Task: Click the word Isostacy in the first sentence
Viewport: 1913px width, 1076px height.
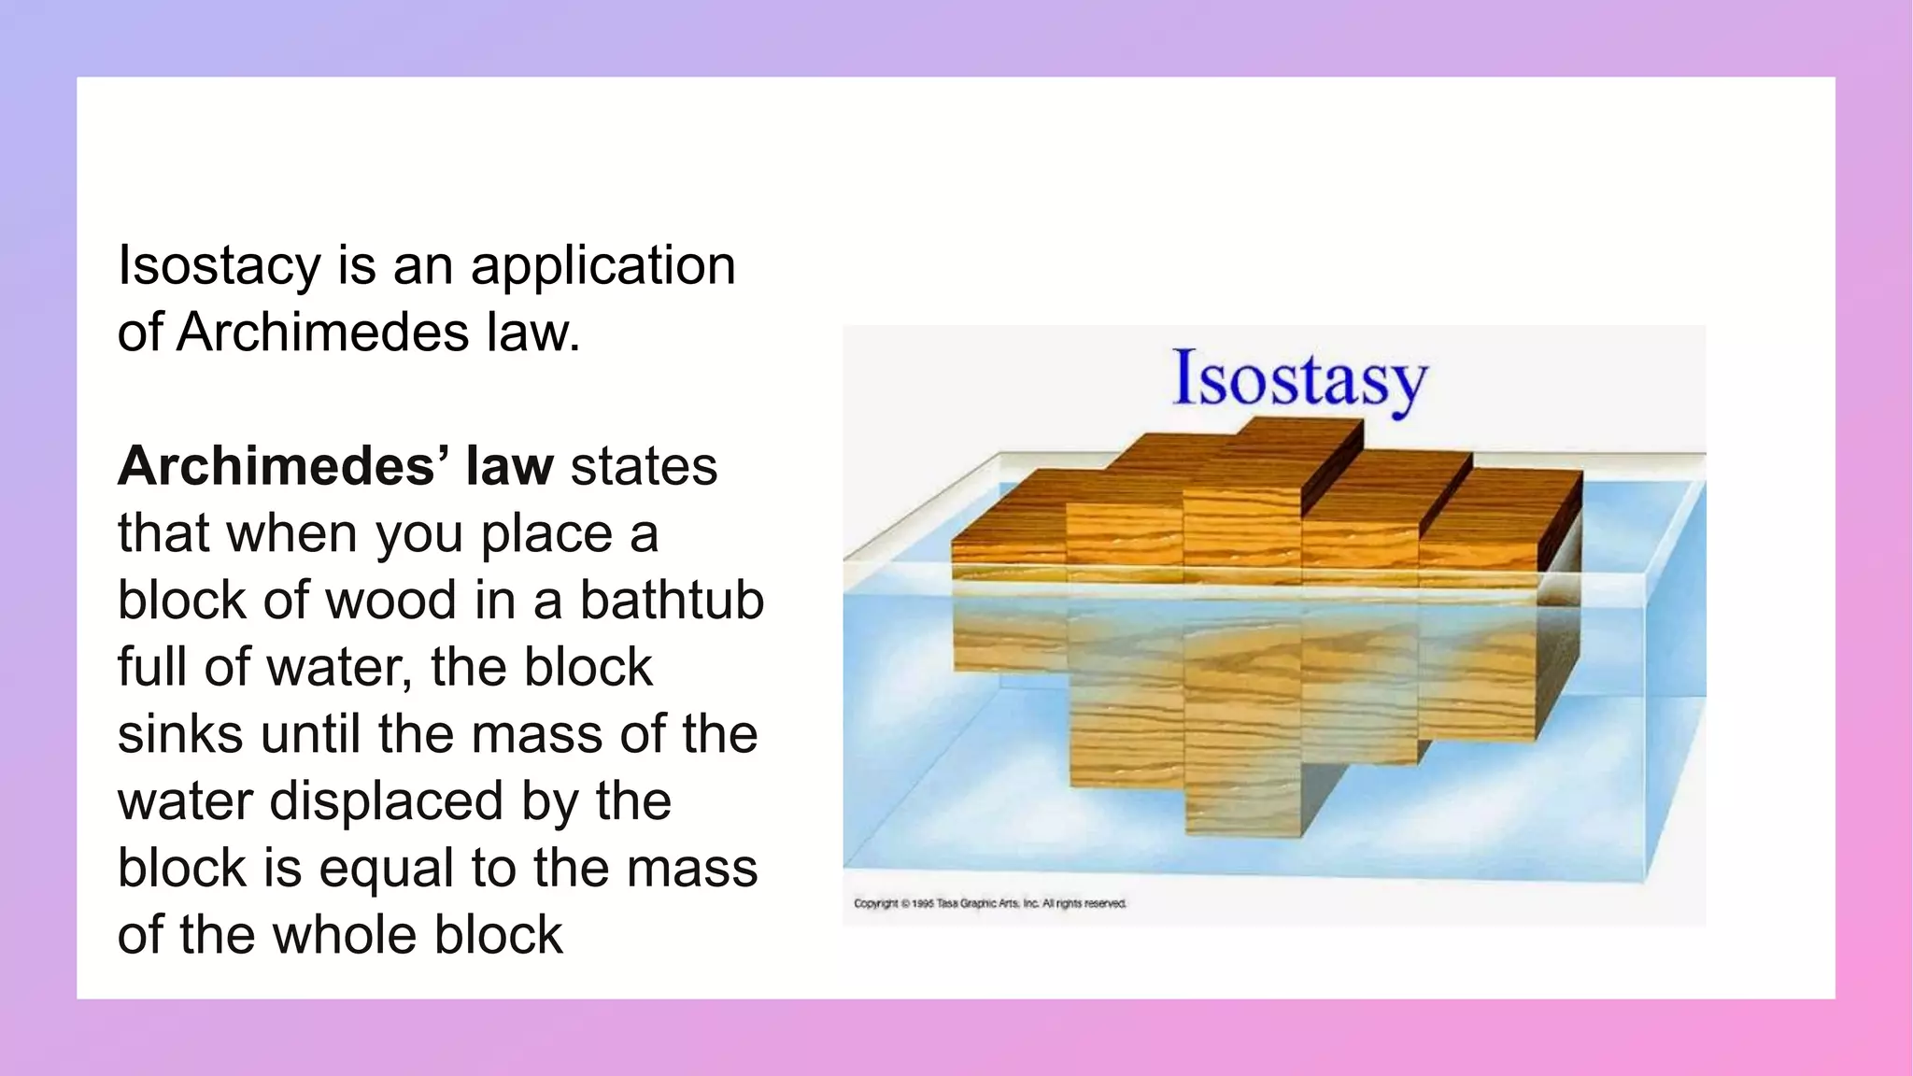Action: click(x=219, y=266)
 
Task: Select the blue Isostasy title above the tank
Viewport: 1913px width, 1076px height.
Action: click(x=1299, y=380)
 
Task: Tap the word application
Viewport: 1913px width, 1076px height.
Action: click(x=602, y=266)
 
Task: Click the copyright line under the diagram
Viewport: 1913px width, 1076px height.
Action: click(x=989, y=903)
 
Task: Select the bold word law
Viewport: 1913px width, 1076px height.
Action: click(x=509, y=466)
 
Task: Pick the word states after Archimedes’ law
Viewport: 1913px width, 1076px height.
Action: click(x=644, y=466)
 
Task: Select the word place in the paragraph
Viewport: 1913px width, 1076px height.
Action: click(x=546, y=533)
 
